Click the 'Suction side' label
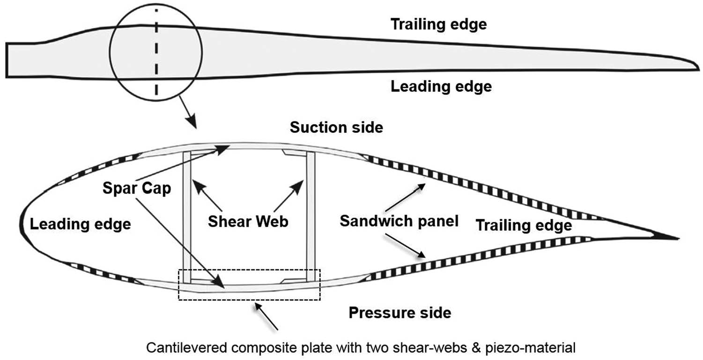(x=336, y=127)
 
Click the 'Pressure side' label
(x=400, y=312)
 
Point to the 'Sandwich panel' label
(x=399, y=221)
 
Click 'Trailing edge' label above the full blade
(x=438, y=24)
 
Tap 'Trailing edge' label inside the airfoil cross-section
(x=524, y=226)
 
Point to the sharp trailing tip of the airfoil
(x=674, y=238)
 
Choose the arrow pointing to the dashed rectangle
(x=267, y=316)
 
